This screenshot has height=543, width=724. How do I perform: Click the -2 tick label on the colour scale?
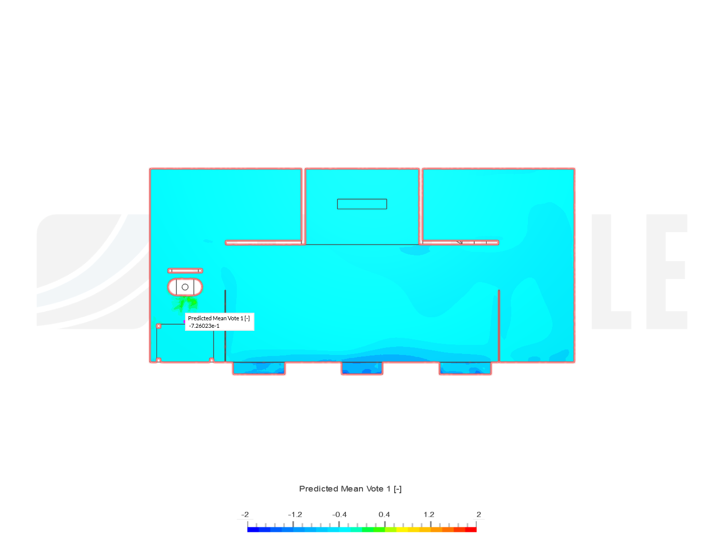(245, 514)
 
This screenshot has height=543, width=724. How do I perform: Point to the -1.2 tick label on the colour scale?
(295, 514)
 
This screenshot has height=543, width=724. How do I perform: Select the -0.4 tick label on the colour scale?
(339, 514)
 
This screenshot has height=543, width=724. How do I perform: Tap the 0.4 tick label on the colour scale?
(384, 514)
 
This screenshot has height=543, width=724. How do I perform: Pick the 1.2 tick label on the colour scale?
(429, 514)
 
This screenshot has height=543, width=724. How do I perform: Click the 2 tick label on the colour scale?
(479, 514)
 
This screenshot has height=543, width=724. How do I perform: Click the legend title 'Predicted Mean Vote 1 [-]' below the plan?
(350, 489)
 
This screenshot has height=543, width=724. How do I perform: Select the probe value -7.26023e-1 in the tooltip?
(204, 326)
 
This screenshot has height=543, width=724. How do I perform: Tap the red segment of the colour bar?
(471, 529)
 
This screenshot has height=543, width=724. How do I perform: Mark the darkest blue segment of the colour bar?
(253, 529)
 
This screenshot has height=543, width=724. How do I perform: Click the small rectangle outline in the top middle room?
(362, 204)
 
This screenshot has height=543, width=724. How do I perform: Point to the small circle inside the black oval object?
(185, 287)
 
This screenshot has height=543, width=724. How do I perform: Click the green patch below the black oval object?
(185, 304)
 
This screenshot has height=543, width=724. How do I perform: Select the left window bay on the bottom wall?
(259, 369)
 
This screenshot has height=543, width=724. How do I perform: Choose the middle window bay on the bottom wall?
(362, 369)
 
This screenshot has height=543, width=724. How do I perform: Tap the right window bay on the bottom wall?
(465, 369)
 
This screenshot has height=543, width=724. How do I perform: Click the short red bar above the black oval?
(185, 270)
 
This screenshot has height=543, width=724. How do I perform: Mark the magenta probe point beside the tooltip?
(185, 322)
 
